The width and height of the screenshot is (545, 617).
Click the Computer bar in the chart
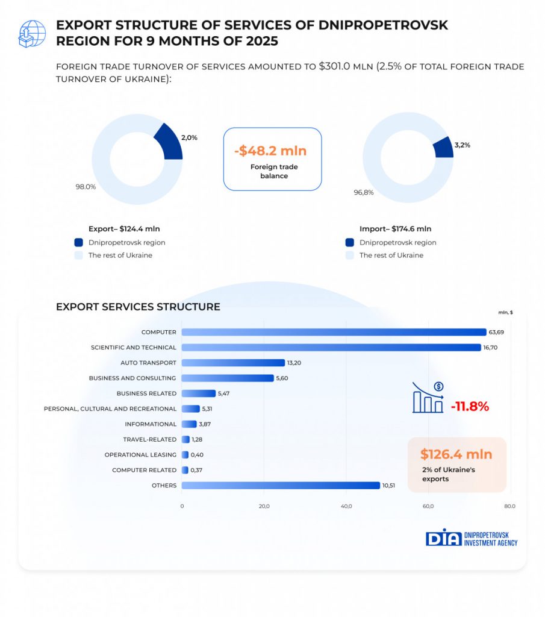coord(334,332)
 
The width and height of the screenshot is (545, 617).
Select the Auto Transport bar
coord(233,363)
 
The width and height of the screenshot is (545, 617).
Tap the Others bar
coord(281,486)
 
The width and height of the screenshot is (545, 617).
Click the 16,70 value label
coord(491,348)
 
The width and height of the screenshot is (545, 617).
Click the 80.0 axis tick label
coord(509,506)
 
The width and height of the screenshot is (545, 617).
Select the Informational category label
coord(151,424)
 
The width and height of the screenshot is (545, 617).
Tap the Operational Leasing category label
coord(140,455)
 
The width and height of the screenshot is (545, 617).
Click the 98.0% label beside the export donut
coord(86,187)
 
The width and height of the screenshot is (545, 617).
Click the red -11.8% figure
coord(470,406)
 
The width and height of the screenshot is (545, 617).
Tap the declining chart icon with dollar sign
coord(428,398)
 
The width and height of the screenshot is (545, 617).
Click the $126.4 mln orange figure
coord(456,454)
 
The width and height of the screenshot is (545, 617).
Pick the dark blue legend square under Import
coord(349,242)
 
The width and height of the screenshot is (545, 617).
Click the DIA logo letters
coord(443,538)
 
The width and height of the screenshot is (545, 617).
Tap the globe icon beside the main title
coord(32,33)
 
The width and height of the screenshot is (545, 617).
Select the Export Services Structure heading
coord(138,307)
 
